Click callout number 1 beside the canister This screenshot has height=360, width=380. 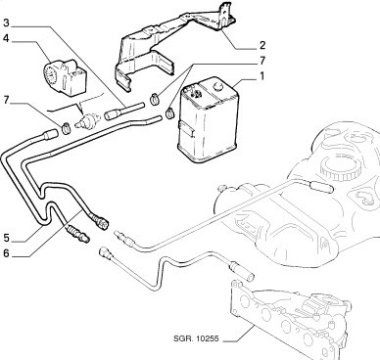click(261, 76)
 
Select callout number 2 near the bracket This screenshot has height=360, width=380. click(262, 45)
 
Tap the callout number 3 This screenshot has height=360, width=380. click(7, 22)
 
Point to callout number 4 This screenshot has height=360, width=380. click(7, 38)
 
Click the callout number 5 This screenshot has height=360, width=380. click(7, 238)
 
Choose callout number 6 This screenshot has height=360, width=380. click(7, 253)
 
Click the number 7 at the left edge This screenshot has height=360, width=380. click(7, 100)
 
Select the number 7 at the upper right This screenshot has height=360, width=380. click(262, 61)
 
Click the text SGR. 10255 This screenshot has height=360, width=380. click(196, 338)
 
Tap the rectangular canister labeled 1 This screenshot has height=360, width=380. click(208, 119)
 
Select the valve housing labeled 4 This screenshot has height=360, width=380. click(65, 77)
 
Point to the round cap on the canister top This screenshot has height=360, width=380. click(217, 86)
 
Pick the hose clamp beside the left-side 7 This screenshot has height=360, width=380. click(66, 127)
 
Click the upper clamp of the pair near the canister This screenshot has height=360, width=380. click(155, 98)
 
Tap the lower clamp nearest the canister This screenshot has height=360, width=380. click(170, 112)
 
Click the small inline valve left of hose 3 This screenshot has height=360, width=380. click(87, 120)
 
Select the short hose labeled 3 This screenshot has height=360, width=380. click(124, 112)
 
